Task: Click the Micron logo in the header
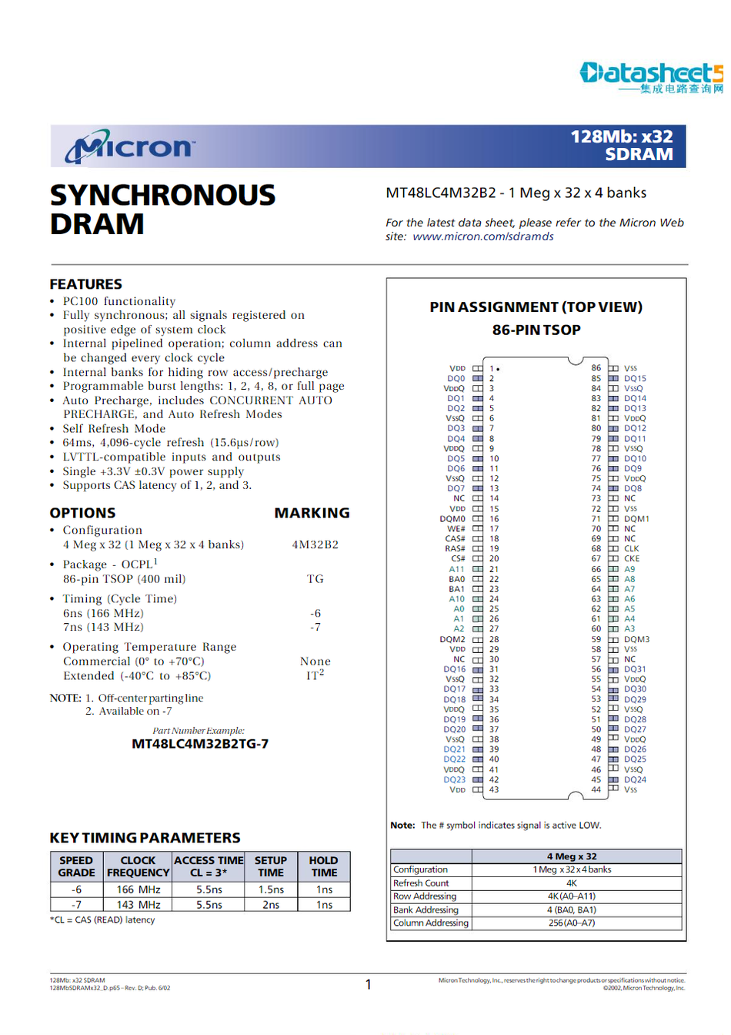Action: click(131, 147)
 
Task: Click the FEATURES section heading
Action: click(86, 284)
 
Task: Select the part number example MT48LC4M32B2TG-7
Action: click(200, 744)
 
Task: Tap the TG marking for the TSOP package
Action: click(315, 579)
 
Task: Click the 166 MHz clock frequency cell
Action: click(139, 889)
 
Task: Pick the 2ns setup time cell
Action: click(271, 905)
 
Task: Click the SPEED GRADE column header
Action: click(76, 866)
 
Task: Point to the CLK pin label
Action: click(632, 549)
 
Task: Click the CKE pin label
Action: click(632, 559)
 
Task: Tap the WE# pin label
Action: click(456, 529)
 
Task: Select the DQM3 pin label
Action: click(637, 639)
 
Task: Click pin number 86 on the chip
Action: click(596, 368)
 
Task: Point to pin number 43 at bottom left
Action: click(494, 789)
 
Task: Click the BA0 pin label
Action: click(457, 579)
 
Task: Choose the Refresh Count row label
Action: click(421, 883)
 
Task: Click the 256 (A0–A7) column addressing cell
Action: click(572, 923)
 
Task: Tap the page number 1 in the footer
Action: click(368, 984)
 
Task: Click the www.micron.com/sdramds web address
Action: click(483, 236)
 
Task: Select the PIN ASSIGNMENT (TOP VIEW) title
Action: click(536, 306)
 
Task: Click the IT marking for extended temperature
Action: click(314, 675)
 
